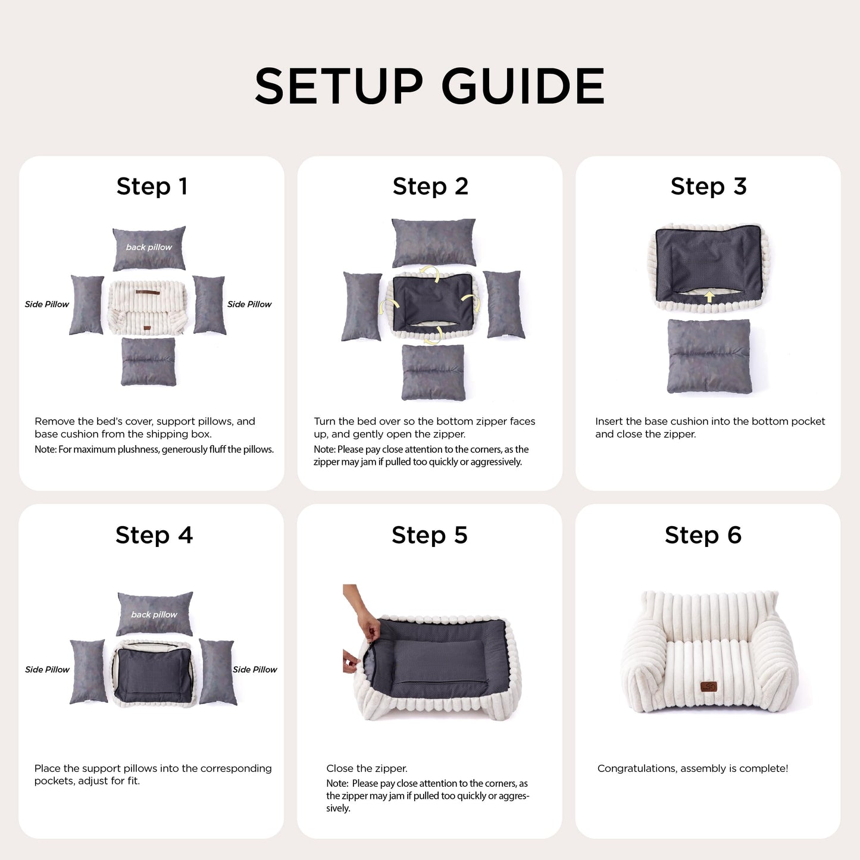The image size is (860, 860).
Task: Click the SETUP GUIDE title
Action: point(429,86)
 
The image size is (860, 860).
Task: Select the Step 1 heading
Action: point(152,186)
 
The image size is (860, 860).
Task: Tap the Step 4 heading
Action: point(154,534)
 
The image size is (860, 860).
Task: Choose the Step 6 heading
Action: point(703,534)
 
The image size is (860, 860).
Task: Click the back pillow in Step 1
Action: point(149,248)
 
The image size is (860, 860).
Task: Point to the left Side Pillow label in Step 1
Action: point(47,304)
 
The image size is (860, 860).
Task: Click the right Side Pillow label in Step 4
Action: point(255,670)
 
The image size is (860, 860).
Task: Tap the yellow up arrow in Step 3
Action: point(709,297)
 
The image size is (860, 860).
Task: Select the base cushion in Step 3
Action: point(709,356)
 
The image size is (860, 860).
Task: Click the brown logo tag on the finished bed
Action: point(708,687)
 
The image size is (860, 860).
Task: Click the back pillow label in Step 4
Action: point(154,615)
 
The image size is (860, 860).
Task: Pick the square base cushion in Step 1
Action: point(149,362)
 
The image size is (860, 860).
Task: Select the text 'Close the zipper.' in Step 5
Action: point(367,768)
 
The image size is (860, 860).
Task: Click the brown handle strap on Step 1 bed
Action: point(148,293)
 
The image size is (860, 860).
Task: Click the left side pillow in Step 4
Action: point(88,672)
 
